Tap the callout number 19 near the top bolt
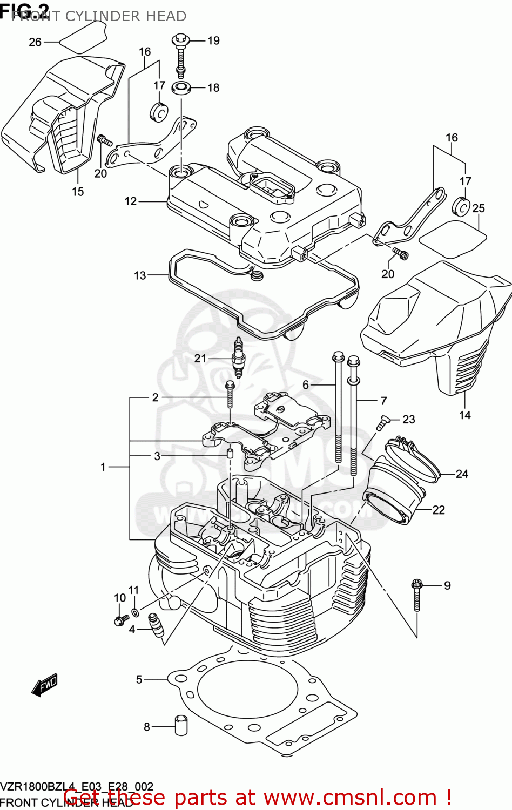213,40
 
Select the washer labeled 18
181,87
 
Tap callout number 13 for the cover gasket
140,275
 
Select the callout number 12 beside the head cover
131,201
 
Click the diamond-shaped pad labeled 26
82,38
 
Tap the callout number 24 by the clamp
462,474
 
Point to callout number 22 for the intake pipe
439,510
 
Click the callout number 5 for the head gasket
139,679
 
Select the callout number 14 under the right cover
465,415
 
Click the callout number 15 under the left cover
78,191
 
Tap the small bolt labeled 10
119,621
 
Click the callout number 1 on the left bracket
103,467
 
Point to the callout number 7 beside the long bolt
383,401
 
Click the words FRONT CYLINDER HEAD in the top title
99,16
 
